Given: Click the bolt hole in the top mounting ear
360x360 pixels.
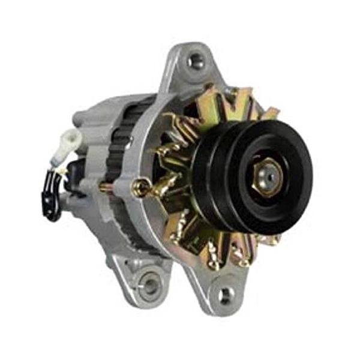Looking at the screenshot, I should [196, 61].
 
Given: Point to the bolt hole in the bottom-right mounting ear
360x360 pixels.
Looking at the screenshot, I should [226, 295].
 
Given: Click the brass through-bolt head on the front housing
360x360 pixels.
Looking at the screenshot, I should [143, 188].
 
